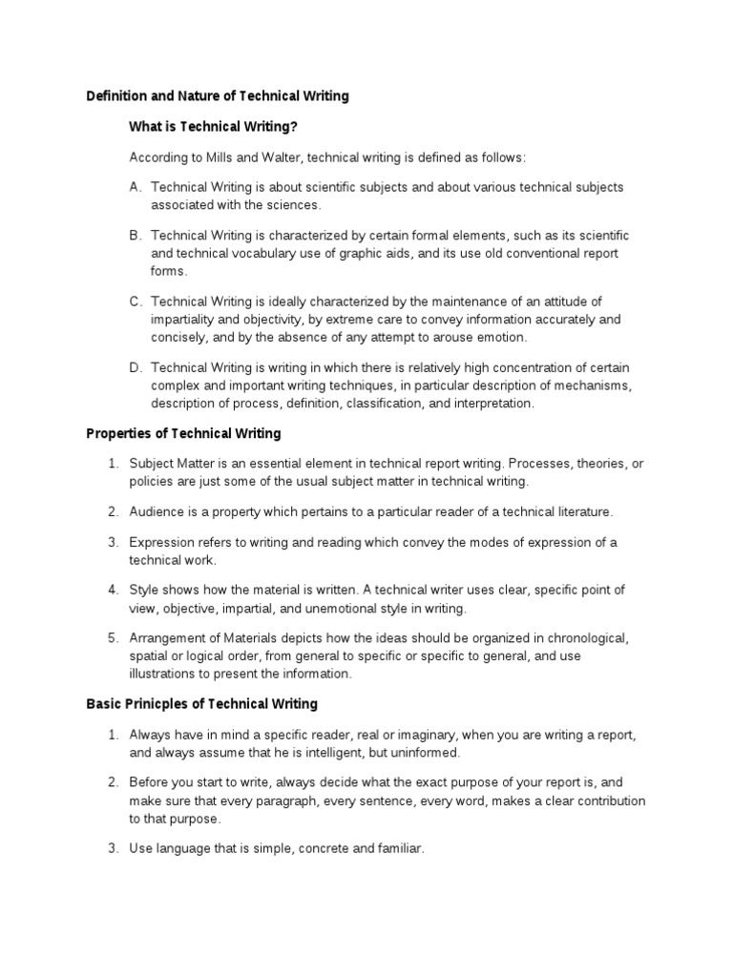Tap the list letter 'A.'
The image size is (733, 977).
click(x=136, y=187)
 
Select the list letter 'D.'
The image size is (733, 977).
click(x=136, y=367)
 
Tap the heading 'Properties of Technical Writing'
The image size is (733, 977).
click(x=183, y=433)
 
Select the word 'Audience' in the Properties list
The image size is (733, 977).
click(x=156, y=512)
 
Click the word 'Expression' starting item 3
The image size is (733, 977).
click(x=162, y=543)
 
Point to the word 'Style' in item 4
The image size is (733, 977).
click(x=145, y=590)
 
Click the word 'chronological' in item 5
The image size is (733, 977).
click(x=589, y=637)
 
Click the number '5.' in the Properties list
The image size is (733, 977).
click(x=113, y=637)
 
